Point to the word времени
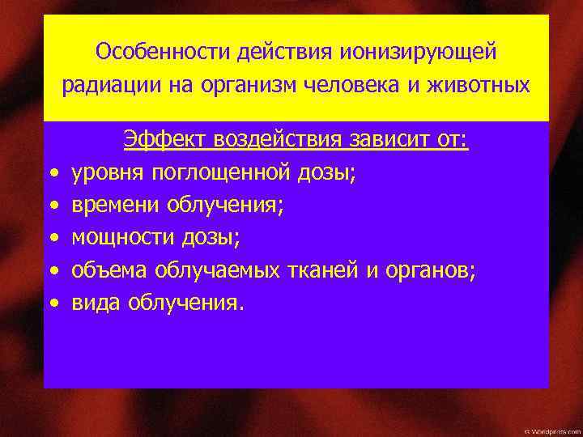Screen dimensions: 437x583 coord(116,206)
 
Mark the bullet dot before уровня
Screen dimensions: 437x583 coord(53,174)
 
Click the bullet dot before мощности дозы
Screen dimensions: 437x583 coord(53,240)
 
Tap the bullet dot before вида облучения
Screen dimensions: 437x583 coord(53,306)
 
